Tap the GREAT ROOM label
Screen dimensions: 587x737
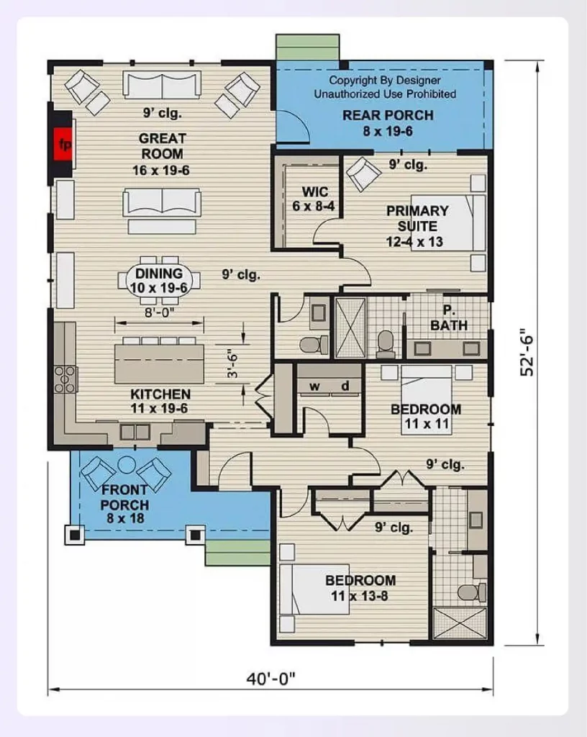pyautogui.click(x=162, y=146)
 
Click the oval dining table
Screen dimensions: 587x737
pyautogui.click(x=159, y=281)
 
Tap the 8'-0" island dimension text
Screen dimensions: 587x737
pyautogui.click(x=159, y=312)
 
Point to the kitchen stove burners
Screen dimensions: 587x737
pyautogui.click(x=65, y=379)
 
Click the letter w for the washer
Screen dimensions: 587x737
pyautogui.click(x=314, y=386)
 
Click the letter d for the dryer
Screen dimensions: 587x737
pyautogui.click(x=345, y=386)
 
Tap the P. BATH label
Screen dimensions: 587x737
pyautogui.click(x=448, y=317)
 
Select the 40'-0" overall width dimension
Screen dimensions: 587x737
pyautogui.click(x=271, y=679)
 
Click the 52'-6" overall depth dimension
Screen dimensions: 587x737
pyautogui.click(x=527, y=351)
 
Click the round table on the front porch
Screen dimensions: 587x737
pyautogui.click(x=126, y=464)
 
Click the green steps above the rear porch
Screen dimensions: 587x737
pyautogui.click(x=308, y=47)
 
